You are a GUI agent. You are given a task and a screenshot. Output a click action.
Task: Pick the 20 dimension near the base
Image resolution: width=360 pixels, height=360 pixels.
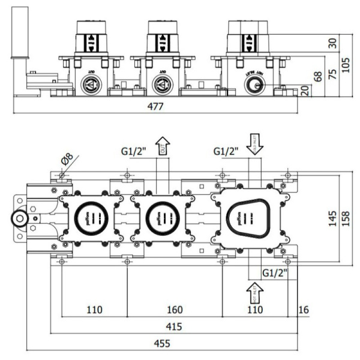point(305,90)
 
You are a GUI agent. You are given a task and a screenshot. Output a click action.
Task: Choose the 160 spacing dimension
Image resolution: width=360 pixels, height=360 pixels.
point(174,310)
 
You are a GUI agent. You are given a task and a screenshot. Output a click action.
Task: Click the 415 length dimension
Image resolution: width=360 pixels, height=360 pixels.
point(174,327)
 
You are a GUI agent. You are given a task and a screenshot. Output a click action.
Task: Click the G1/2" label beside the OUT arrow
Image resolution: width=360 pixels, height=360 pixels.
point(133,151)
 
